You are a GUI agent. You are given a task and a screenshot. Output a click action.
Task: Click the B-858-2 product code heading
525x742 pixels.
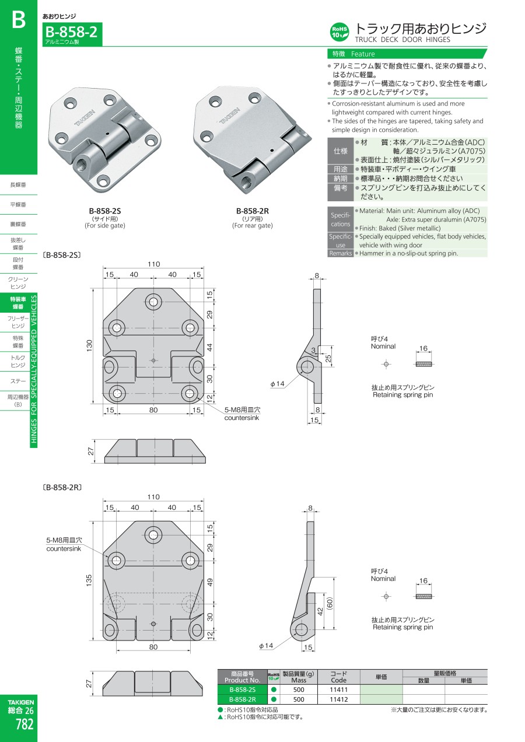click(x=72, y=32)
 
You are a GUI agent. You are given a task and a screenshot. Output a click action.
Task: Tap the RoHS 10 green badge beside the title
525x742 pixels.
click(x=339, y=32)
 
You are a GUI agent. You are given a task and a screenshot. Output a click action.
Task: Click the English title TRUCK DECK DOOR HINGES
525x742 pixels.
click(x=402, y=40)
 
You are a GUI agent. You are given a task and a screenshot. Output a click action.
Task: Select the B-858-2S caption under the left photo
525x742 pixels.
click(x=104, y=211)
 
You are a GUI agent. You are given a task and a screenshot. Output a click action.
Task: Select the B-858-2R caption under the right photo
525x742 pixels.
click(x=253, y=211)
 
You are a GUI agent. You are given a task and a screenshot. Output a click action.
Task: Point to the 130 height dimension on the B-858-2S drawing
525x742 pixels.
click(x=89, y=346)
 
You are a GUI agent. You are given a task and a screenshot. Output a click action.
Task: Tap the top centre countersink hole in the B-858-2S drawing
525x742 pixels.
click(x=153, y=302)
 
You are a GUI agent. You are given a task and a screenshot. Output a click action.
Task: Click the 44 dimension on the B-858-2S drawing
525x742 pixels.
click(x=209, y=347)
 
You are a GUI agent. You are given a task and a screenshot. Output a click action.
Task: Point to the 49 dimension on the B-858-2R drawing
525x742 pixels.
click(x=210, y=582)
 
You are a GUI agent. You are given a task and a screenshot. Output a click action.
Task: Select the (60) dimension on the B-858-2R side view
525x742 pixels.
click(x=330, y=603)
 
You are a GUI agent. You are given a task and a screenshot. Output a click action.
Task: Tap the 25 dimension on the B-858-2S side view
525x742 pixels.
click(x=328, y=358)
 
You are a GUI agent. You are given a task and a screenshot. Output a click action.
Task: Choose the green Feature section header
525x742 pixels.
click(x=407, y=54)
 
